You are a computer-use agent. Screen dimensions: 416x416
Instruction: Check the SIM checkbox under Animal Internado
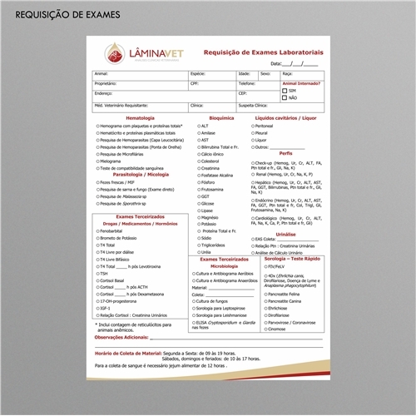pos(285,90)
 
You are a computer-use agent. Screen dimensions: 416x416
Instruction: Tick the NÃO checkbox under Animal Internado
pos(285,97)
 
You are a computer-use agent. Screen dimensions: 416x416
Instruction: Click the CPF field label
pos(195,83)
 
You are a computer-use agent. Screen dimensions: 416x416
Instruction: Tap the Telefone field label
pos(247,83)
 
